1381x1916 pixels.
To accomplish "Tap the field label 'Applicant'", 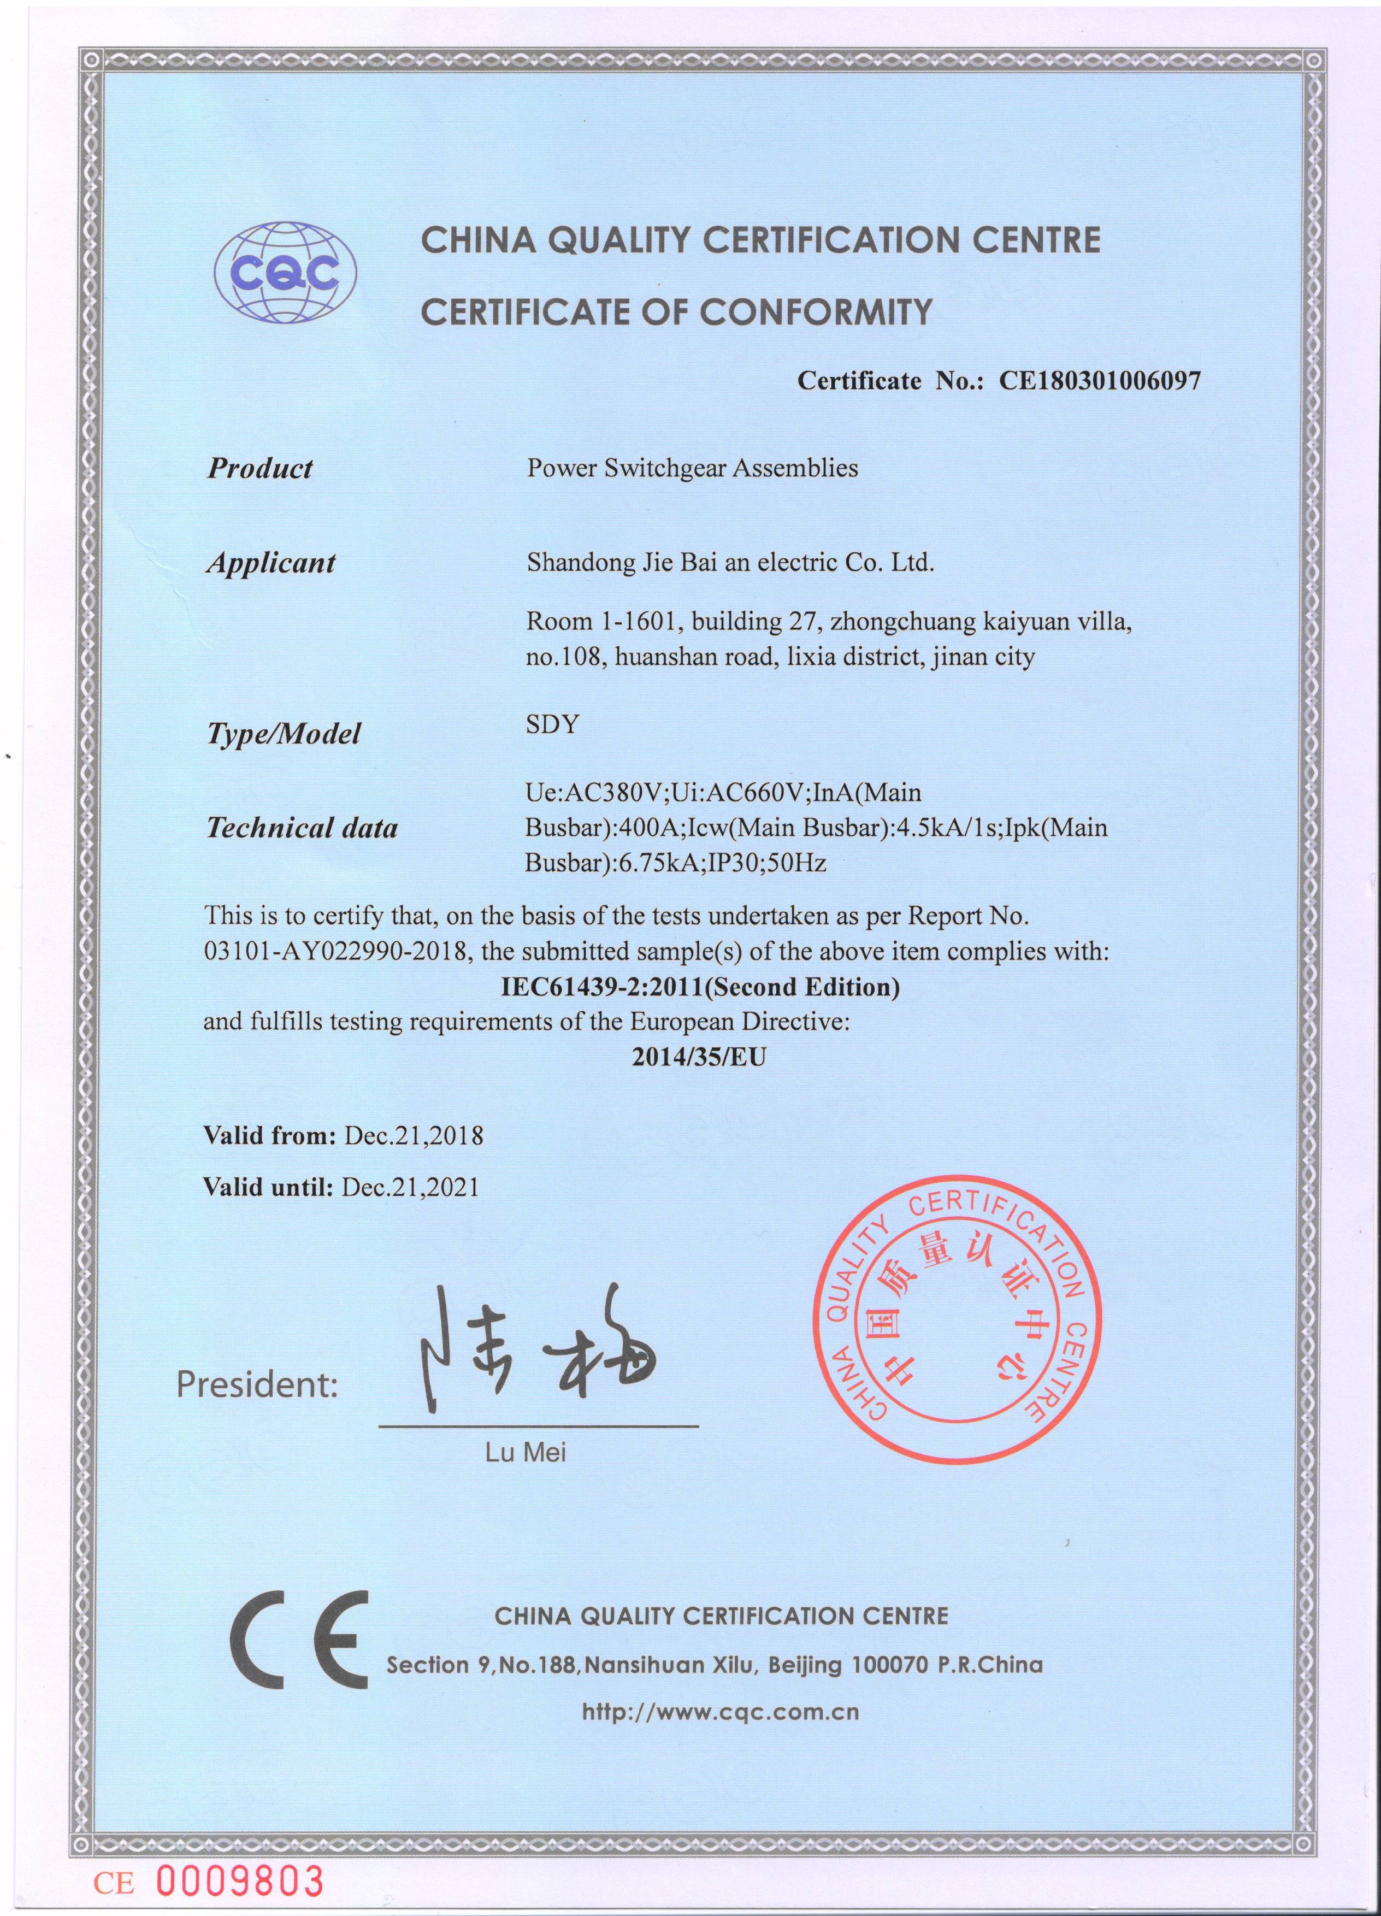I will pyautogui.click(x=270, y=563).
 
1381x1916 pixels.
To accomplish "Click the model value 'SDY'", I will pyautogui.click(x=552, y=725).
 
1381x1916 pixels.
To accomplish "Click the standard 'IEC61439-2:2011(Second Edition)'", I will pyautogui.click(x=699, y=987).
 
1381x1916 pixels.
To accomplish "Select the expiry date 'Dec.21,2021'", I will pyautogui.click(x=410, y=1187).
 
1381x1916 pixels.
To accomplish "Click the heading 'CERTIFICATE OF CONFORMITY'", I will pyautogui.click(x=676, y=312).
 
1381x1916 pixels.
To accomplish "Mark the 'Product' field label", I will pyautogui.click(x=259, y=468).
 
